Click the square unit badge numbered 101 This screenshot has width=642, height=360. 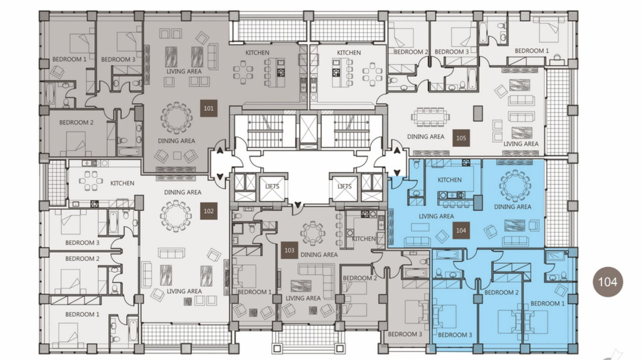pyautogui.click(x=209, y=108)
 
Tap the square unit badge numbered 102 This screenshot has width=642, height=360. pyautogui.click(x=209, y=211)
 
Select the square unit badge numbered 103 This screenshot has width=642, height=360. pyautogui.click(x=289, y=250)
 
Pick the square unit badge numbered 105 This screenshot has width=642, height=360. pyautogui.click(x=461, y=138)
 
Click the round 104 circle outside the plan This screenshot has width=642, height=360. pyautogui.click(x=608, y=282)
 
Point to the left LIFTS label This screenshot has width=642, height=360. pyautogui.click(x=272, y=186)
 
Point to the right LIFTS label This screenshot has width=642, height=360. pyautogui.click(x=344, y=186)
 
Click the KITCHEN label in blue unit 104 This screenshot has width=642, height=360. pyautogui.click(x=449, y=180)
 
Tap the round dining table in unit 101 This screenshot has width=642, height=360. pyautogui.click(x=176, y=118)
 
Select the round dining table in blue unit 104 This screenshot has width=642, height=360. pyautogui.click(x=515, y=185)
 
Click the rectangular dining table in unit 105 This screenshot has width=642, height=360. pyautogui.click(x=431, y=117)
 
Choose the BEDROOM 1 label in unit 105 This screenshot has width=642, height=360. pyautogui.click(x=532, y=51)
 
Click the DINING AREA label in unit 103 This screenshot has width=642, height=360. pyautogui.click(x=319, y=255)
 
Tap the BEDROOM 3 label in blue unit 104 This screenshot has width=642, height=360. pyautogui.click(x=455, y=335)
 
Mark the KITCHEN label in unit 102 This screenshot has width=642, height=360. pyautogui.click(x=122, y=183)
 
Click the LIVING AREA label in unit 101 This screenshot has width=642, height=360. pyautogui.click(x=184, y=71)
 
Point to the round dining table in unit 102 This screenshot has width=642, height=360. pyautogui.click(x=176, y=216)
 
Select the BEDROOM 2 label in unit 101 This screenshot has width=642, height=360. pyautogui.click(x=76, y=123)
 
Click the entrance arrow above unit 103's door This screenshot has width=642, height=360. pyautogui.click(x=298, y=205)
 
